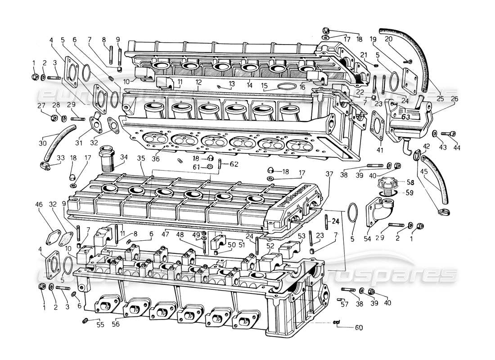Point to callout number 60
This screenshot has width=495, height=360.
coord(358,328)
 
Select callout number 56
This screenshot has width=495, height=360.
coord(117,324)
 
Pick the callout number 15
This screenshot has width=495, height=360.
coord(264,85)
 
